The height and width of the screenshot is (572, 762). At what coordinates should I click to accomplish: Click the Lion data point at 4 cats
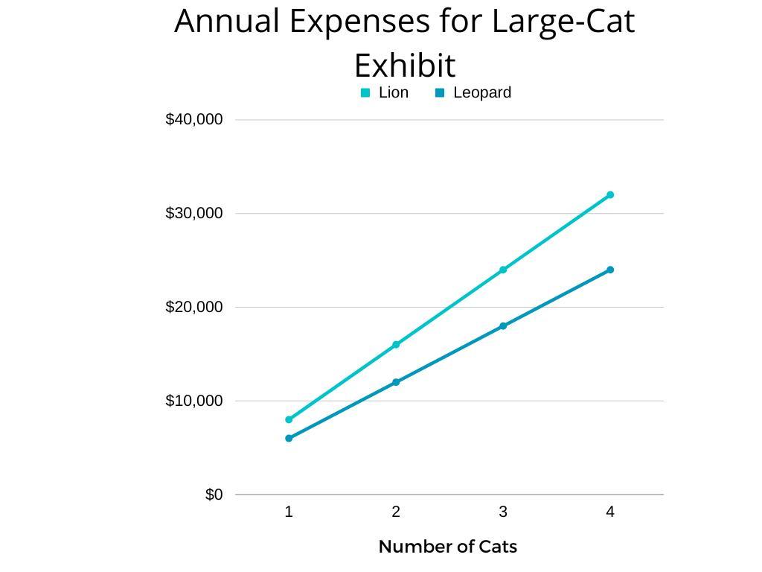click(610, 195)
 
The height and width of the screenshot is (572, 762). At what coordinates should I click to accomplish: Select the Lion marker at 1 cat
click(289, 420)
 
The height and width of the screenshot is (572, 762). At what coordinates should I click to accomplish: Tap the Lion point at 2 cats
click(396, 345)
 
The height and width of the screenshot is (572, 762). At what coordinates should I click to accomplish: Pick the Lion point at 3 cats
click(503, 270)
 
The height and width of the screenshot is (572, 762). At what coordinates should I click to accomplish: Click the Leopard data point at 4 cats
click(610, 270)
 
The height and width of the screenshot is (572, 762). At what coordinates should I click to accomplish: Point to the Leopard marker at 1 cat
click(289, 439)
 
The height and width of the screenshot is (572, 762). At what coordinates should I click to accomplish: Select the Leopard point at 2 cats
click(396, 382)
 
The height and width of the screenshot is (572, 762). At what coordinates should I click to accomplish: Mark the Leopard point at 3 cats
click(503, 326)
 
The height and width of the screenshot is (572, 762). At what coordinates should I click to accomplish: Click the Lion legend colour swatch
click(365, 93)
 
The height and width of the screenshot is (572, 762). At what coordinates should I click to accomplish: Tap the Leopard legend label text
click(481, 93)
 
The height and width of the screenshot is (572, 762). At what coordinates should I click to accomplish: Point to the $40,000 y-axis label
click(193, 119)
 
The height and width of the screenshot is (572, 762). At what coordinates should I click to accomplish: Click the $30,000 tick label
click(193, 213)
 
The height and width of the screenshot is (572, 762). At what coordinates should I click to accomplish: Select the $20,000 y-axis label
click(193, 307)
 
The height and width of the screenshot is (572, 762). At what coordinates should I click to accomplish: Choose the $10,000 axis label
click(193, 401)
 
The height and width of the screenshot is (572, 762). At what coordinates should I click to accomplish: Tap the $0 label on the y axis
click(214, 495)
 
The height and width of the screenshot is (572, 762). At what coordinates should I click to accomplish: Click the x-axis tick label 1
click(289, 512)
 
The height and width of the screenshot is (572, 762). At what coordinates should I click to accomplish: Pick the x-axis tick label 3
click(503, 512)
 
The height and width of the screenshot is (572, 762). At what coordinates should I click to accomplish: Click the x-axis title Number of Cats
click(447, 547)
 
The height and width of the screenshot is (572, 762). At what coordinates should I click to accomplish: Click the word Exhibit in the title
click(404, 66)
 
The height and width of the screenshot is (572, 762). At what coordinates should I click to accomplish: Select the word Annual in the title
click(227, 22)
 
